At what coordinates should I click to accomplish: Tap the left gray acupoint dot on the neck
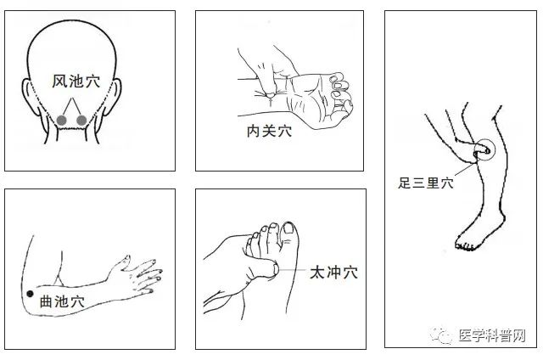[x=61, y=120]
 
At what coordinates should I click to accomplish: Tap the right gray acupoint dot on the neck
[x=81, y=120]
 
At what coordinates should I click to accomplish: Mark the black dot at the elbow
[x=31, y=294]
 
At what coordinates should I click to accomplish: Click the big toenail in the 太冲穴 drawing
[x=288, y=228]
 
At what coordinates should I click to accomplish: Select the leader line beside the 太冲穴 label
[x=293, y=272]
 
